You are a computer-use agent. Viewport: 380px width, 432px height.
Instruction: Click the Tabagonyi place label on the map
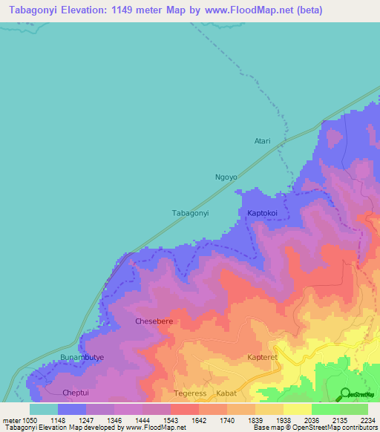pos(190,213)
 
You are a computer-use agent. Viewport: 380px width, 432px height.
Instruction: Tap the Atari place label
pos(263,141)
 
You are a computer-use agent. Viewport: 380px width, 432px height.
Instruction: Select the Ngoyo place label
pos(226,177)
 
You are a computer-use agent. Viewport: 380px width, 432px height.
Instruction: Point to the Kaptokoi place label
pos(259,213)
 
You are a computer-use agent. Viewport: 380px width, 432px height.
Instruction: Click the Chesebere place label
pos(154,321)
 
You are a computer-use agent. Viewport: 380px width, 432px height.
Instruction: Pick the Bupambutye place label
pos(82,358)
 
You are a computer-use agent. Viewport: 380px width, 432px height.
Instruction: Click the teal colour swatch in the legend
pos(44,409)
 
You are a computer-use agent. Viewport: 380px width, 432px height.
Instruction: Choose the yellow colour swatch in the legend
pos(297,409)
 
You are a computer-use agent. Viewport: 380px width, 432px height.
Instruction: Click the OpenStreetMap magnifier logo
pos(345,393)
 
